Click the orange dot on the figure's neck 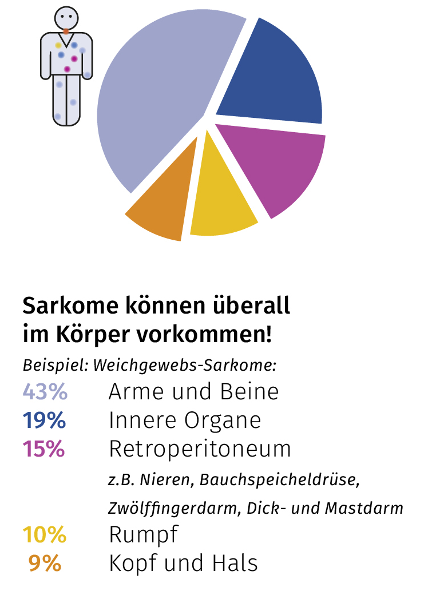pos(67,31)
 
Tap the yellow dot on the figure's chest pos(58,45)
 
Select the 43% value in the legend pos(45,392)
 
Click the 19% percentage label pos(45,421)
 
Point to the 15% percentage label pos(44,450)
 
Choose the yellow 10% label pos(45,536)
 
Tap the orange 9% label pos(45,564)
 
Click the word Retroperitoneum pos(200,450)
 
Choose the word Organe pos(223,422)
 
